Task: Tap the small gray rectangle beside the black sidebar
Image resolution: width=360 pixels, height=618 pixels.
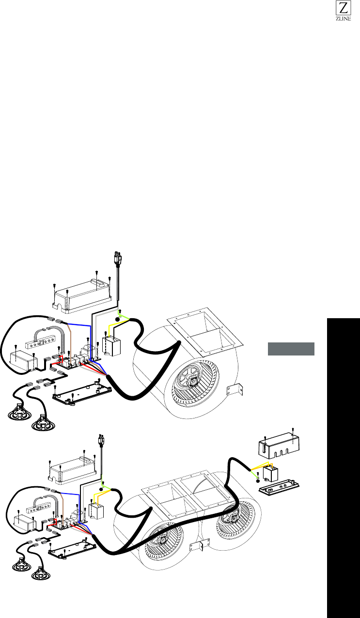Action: coord(291,349)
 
